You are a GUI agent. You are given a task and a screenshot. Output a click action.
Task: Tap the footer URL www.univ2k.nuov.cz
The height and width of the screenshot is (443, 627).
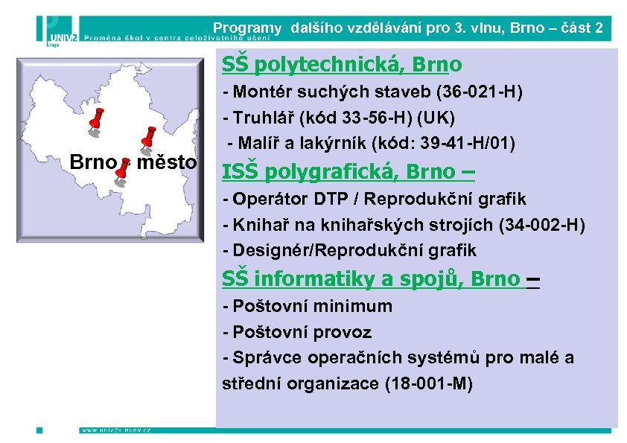pyautogui.click(x=115, y=430)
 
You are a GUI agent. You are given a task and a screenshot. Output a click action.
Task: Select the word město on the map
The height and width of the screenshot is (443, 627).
pyautogui.click(x=165, y=162)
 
